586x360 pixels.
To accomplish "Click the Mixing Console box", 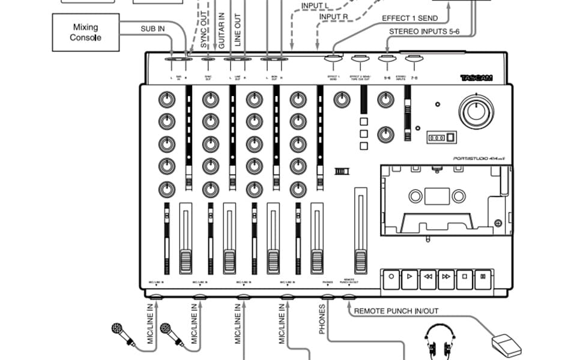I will [x=86, y=32].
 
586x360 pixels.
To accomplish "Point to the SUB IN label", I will [x=153, y=28].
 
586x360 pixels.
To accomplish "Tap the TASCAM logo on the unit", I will [x=476, y=78].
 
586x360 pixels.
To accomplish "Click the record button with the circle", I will [x=391, y=277].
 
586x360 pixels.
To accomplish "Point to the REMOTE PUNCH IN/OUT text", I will [x=396, y=311].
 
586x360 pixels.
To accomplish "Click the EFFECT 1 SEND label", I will [x=409, y=19].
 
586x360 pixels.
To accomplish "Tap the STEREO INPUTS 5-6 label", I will [x=424, y=31].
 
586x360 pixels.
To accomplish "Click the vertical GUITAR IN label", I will [x=222, y=31].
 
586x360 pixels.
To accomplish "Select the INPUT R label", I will [x=333, y=17].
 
